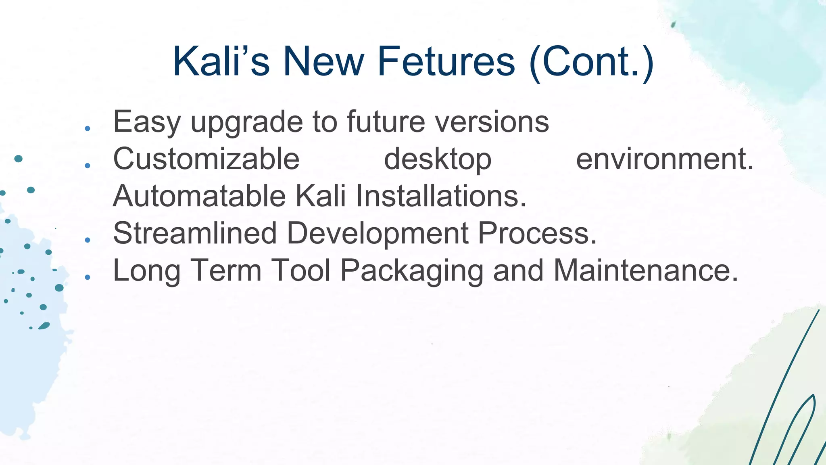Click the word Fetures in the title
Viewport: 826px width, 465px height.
446,61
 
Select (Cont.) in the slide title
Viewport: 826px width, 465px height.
591,62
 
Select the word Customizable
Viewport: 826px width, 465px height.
206,159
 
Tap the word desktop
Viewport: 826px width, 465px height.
438,159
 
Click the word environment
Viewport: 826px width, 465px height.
664,159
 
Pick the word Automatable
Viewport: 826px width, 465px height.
199,196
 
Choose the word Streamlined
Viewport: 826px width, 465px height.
195,233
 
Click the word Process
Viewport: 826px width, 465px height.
537,233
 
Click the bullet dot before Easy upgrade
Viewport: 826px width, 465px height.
88,129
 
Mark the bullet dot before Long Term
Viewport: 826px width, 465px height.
88,277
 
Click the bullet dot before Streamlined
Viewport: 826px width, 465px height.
88,240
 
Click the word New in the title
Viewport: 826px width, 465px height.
323,61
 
